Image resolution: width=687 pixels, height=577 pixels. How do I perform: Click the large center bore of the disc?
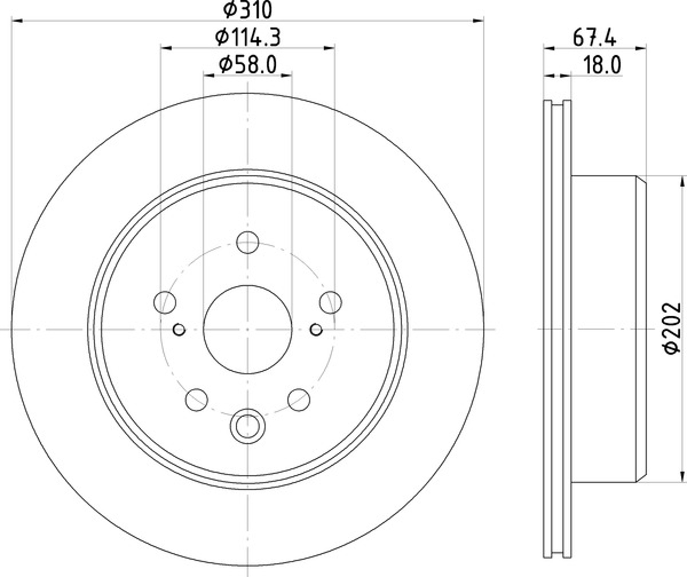(248, 329)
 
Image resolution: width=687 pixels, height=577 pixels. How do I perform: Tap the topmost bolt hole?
(248, 242)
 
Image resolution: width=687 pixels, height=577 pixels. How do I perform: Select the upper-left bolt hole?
(165, 302)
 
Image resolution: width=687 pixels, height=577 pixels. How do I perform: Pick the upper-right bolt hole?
(331, 302)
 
